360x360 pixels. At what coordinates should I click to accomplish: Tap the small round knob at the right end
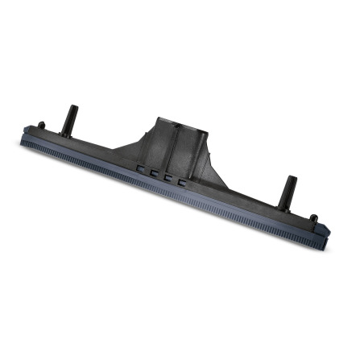[x=312, y=218]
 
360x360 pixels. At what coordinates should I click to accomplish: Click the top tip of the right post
[x=287, y=180]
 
